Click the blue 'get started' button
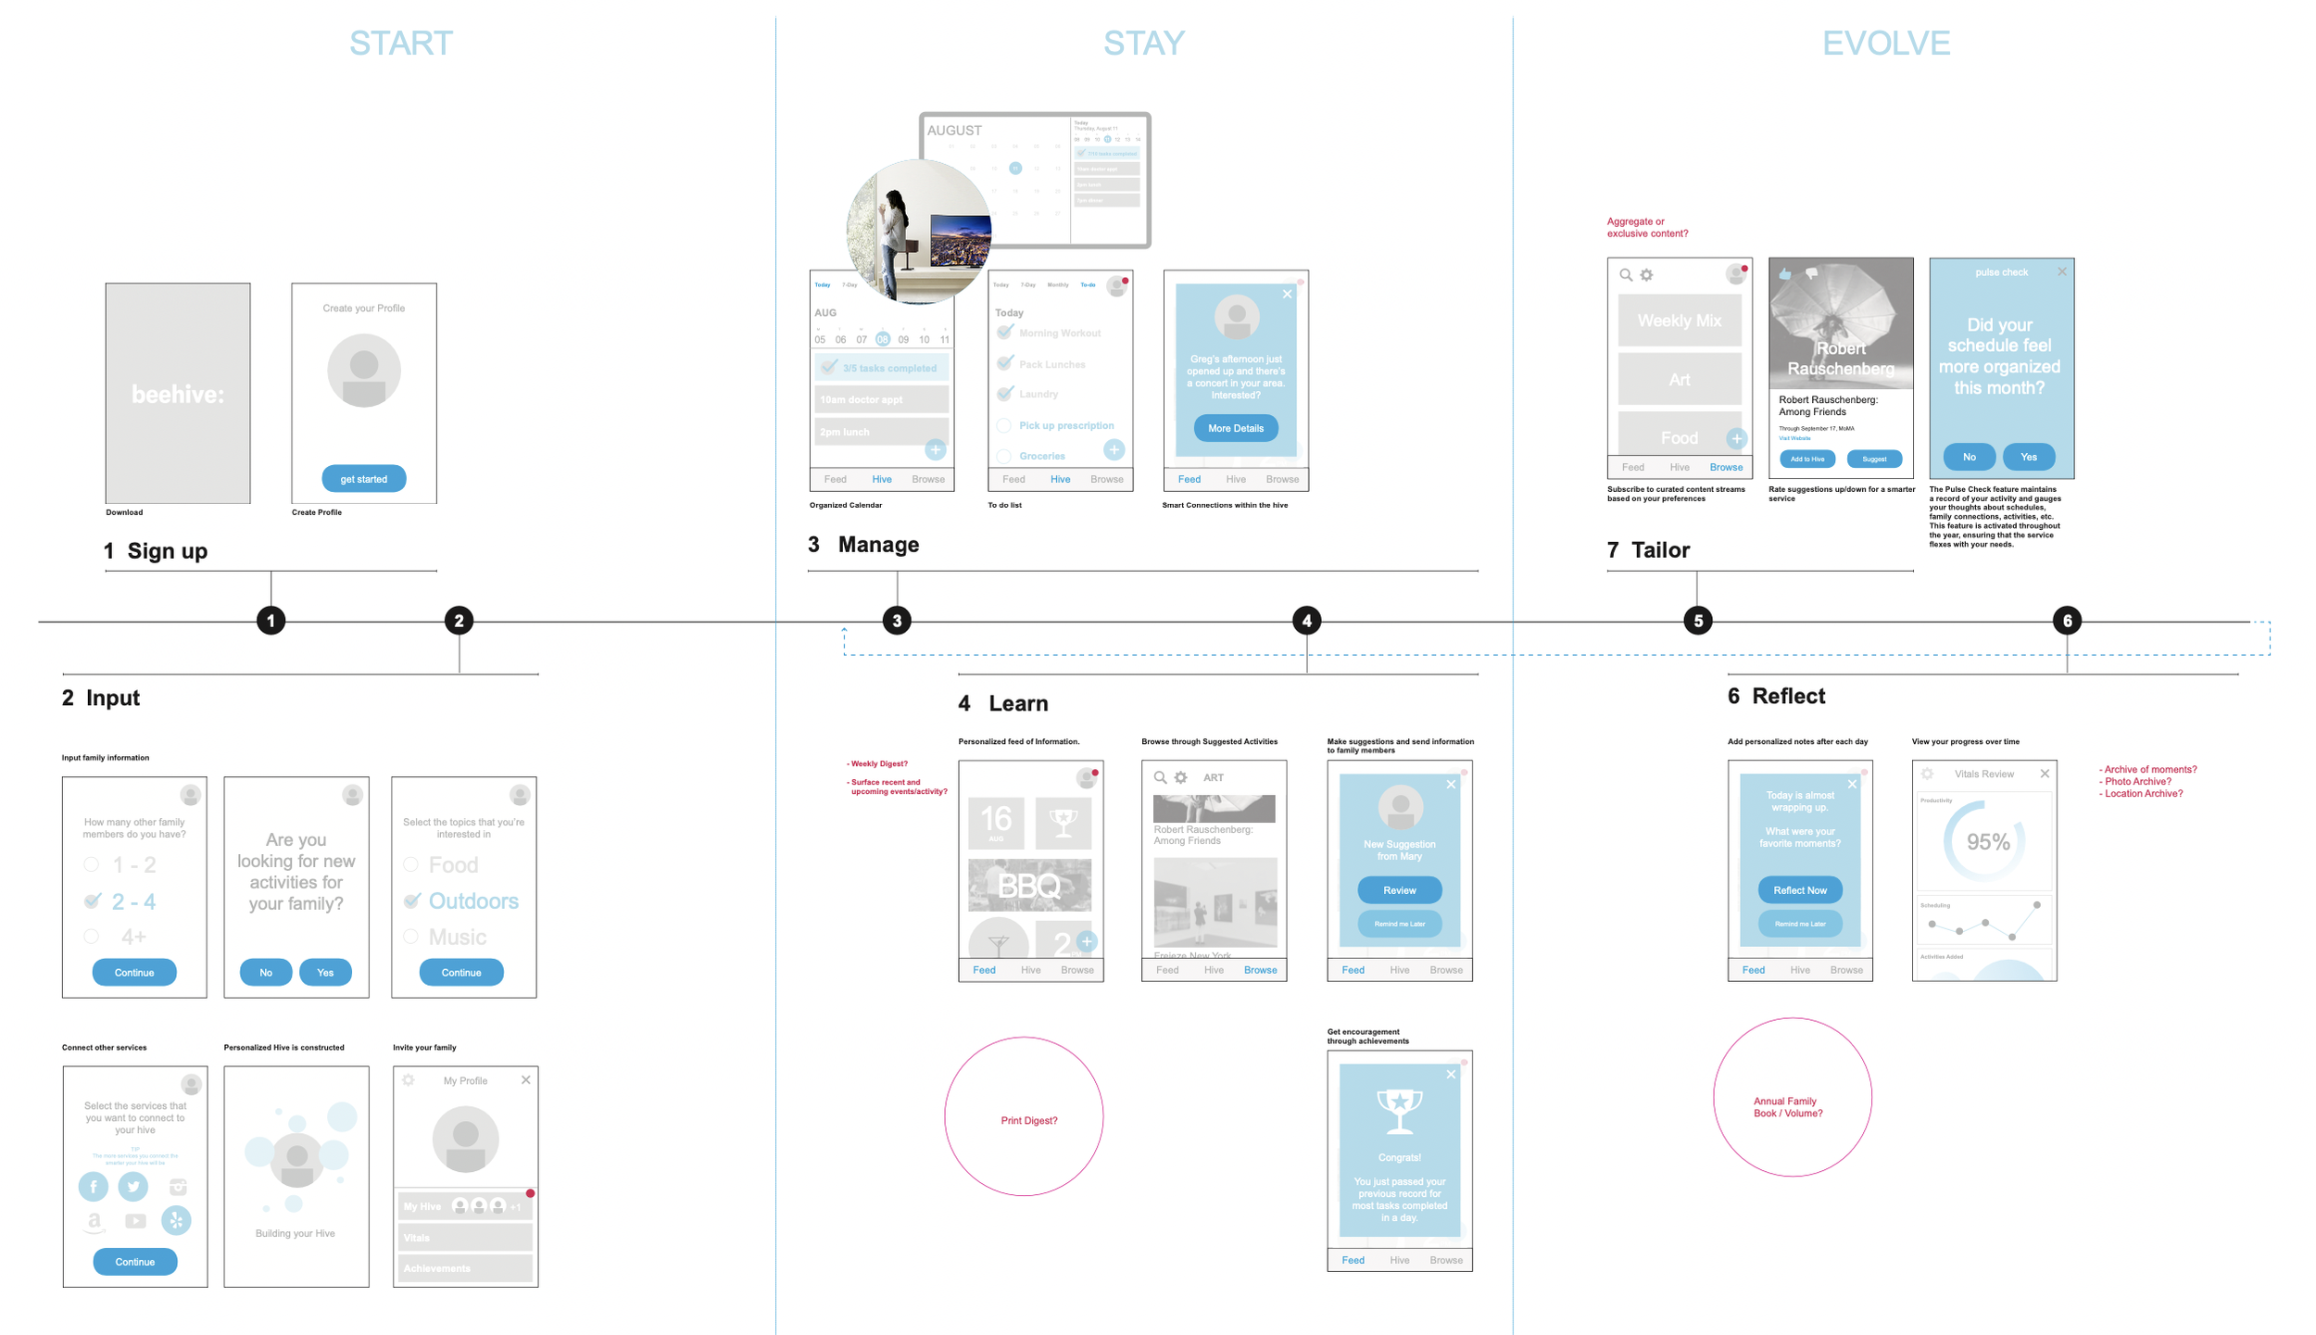(363, 479)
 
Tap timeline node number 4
(1306, 621)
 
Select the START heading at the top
(401, 44)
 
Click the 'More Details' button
(1235, 428)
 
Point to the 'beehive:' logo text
(178, 395)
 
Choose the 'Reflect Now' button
(1799, 890)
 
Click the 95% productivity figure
(1988, 842)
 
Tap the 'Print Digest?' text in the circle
(1028, 1121)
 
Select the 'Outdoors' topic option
(472, 901)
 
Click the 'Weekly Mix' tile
(1679, 321)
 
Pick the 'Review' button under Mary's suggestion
(1399, 890)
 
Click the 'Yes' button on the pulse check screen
(2028, 457)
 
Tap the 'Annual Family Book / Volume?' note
(1787, 1107)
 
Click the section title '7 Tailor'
(1648, 550)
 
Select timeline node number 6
(2067, 621)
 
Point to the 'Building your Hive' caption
(296, 1233)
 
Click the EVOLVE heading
(1885, 44)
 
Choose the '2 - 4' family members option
(133, 901)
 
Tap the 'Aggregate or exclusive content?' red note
(1646, 228)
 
